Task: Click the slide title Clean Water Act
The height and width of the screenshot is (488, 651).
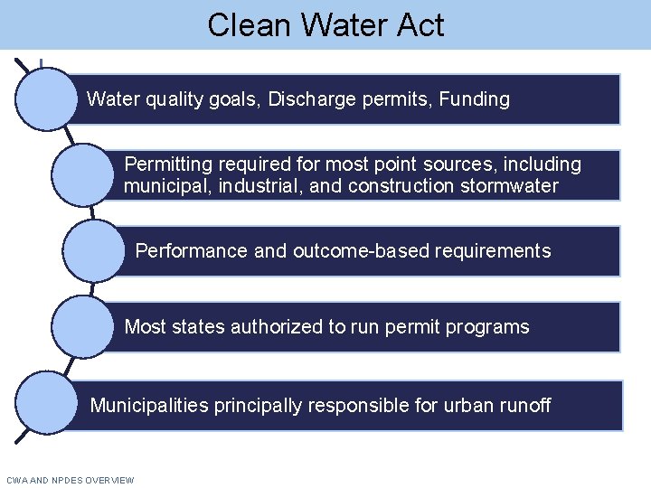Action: (x=325, y=24)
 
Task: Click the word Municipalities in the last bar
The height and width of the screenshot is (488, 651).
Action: (x=149, y=406)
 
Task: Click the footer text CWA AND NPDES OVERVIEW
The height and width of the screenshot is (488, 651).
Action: (x=70, y=480)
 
